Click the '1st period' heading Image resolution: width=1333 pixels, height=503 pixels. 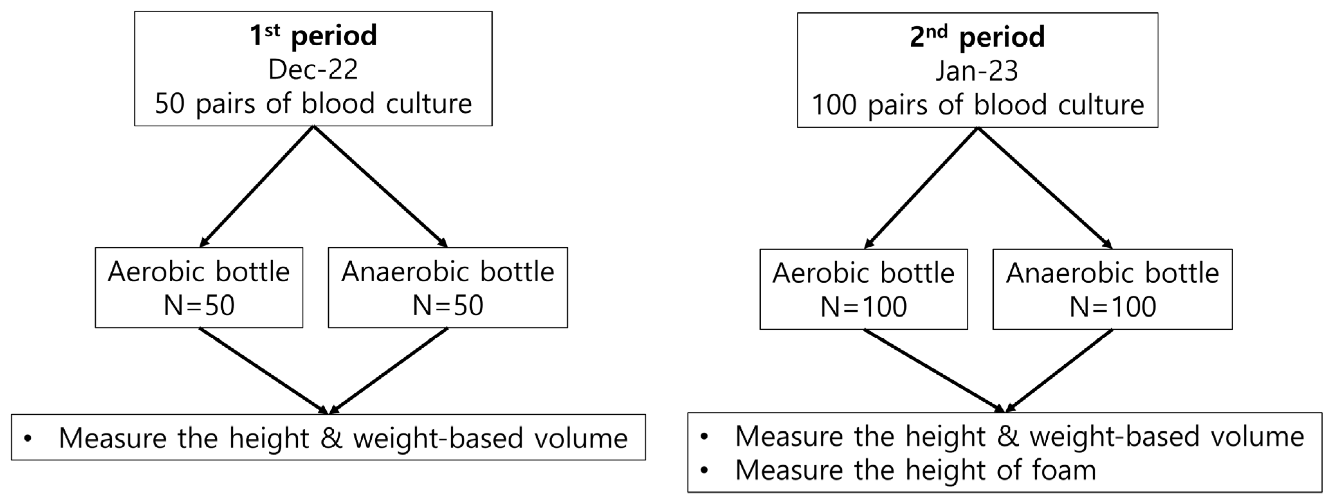(x=313, y=36)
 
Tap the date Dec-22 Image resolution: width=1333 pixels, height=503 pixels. (x=313, y=69)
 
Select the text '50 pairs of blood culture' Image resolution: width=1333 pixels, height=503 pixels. (x=313, y=103)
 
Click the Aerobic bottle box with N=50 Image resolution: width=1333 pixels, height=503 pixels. (x=199, y=288)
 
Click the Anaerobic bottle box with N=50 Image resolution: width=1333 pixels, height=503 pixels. (x=447, y=288)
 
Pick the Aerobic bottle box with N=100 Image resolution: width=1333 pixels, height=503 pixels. (x=863, y=289)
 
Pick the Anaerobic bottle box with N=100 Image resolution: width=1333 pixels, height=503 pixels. (x=1112, y=289)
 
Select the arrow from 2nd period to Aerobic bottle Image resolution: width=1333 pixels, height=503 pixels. (x=921, y=188)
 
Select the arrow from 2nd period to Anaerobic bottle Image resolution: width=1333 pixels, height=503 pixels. (x=1044, y=188)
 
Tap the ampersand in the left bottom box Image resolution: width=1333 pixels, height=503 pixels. (x=331, y=438)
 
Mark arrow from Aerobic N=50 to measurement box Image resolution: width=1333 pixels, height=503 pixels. (x=264, y=371)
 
